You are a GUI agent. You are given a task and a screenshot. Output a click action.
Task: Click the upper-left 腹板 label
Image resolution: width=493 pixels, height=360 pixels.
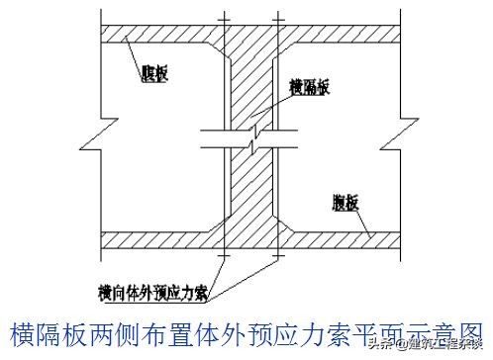click(154, 74)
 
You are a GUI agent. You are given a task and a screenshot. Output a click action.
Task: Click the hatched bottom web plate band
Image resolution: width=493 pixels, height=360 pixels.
click(148, 240)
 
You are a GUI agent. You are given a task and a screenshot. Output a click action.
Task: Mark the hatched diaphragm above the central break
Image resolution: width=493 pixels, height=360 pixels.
click(253, 89)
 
